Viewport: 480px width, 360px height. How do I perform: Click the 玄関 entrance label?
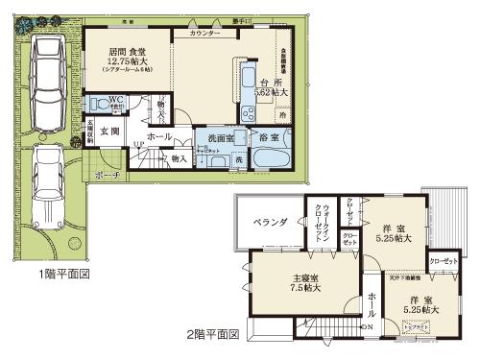pos(108,132)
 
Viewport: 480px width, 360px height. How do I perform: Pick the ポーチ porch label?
pos(108,176)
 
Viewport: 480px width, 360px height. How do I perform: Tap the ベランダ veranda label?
pos(271,222)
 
